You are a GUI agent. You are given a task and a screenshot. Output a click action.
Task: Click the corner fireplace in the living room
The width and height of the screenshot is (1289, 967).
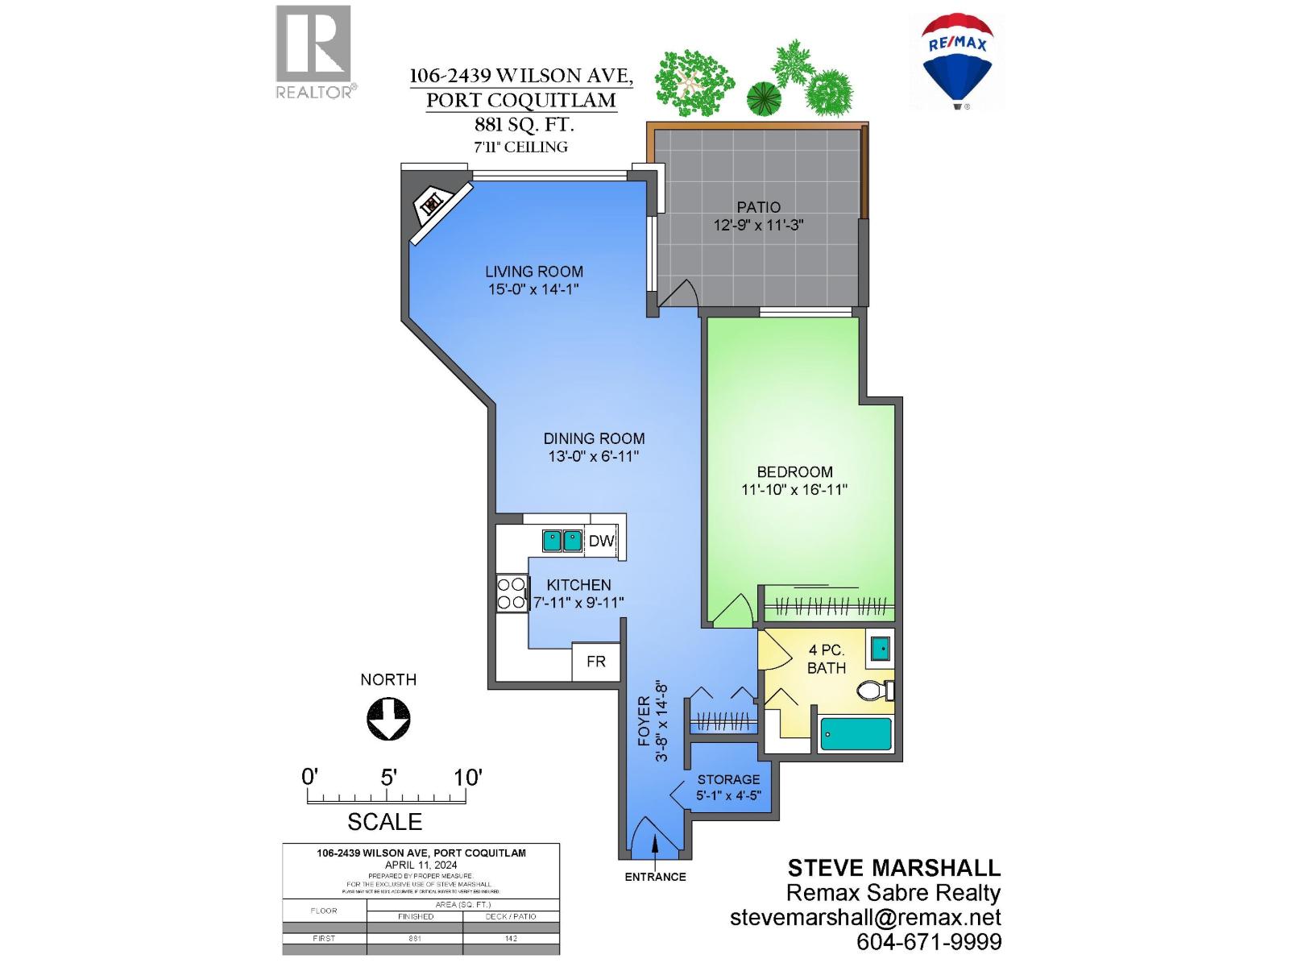[433, 205]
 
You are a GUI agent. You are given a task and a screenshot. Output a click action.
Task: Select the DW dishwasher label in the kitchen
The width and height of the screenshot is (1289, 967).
[601, 542]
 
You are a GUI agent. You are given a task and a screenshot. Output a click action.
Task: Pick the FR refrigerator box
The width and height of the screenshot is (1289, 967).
[596, 662]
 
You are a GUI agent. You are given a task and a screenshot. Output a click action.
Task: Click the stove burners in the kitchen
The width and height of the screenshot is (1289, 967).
[511, 593]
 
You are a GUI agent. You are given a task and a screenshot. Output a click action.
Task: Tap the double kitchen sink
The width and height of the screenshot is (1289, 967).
[562, 540]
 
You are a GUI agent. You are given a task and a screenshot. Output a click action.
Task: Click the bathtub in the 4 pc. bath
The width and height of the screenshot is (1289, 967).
[856, 734]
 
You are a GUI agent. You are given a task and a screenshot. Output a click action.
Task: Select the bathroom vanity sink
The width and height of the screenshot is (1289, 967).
[880, 648]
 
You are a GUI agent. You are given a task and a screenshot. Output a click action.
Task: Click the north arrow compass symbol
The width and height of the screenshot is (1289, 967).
[388, 719]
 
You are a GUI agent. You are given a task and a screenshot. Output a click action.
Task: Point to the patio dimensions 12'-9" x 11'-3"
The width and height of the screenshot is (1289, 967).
[758, 226]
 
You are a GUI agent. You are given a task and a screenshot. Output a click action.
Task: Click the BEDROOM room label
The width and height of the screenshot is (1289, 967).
[794, 472]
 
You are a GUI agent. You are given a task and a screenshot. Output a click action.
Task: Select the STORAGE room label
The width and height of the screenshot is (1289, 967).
[728, 779]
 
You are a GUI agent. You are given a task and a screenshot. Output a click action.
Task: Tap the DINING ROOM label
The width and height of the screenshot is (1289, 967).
[594, 438]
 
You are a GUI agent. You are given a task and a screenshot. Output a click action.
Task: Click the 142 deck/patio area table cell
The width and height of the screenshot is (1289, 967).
[511, 938]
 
